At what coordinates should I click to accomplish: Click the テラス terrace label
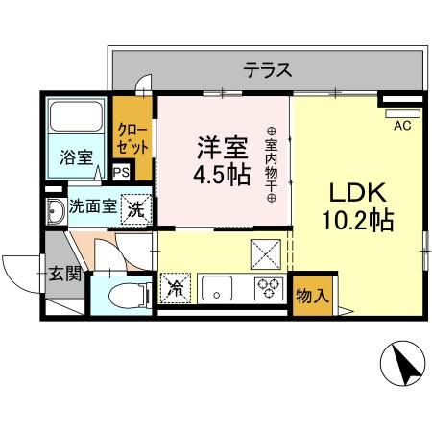point(266,70)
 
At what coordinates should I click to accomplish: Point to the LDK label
point(356,191)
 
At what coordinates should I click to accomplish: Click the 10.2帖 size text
point(355,220)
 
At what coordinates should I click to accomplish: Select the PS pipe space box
point(121,173)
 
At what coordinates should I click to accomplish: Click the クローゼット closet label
point(132,139)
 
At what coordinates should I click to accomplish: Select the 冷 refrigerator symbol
point(177,286)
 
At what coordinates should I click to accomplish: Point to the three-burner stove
point(266,287)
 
